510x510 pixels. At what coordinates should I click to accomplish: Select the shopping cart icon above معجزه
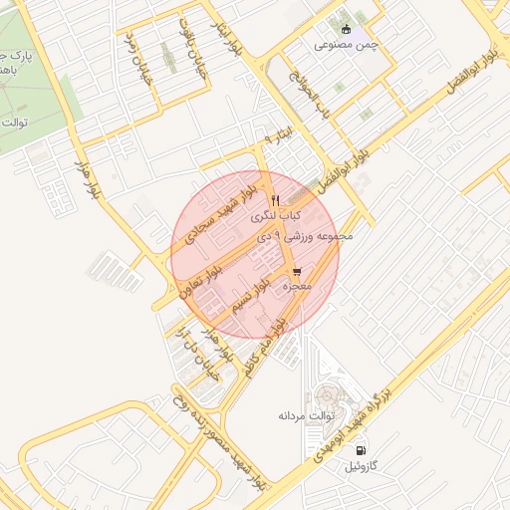[x=298, y=272]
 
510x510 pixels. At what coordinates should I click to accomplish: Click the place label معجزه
[x=299, y=287]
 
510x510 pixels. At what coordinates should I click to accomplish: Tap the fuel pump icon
[x=357, y=449]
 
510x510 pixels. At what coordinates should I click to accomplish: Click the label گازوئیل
[x=356, y=465]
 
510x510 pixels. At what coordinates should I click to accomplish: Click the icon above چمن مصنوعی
[x=346, y=29]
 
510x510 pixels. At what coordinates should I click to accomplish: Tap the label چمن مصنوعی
[x=347, y=45]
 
